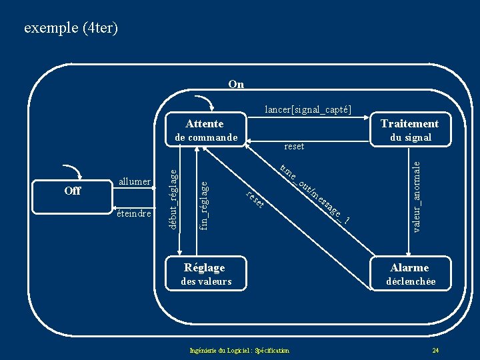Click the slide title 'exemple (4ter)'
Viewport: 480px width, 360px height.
pyautogui.click(x=71, y=28)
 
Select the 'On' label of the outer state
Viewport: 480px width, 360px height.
pyautogui.click(x=235, y=84)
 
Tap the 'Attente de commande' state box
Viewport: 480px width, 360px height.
pyautogui.click(x=205, y=131)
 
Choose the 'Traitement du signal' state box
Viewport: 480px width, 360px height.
pyautogui.click(x=409, y=131)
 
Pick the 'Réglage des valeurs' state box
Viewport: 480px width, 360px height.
pyautogui.click(x=205, y=274)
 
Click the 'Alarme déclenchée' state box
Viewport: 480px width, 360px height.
pyautogui.click(x=410, y=274)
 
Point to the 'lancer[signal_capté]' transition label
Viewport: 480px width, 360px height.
pyautogui.click(x=308, y=109)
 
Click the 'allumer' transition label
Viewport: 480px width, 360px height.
pyautogui.click(x=134, y=182)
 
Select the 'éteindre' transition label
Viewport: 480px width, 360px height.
pyautogui.click(x=133, y=213)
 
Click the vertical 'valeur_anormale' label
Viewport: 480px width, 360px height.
pyautogui.click(x=417, y=196)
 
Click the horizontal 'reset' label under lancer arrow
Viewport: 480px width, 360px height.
pyautogui.click(x=293, y=146)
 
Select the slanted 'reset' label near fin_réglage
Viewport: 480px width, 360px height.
pyautogui.click(x=255, y=198)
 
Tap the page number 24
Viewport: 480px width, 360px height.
pyautogui.click(x=435, y=351)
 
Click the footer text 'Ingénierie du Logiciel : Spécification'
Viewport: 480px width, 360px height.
pyautogui.click(x=239, y=351)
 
